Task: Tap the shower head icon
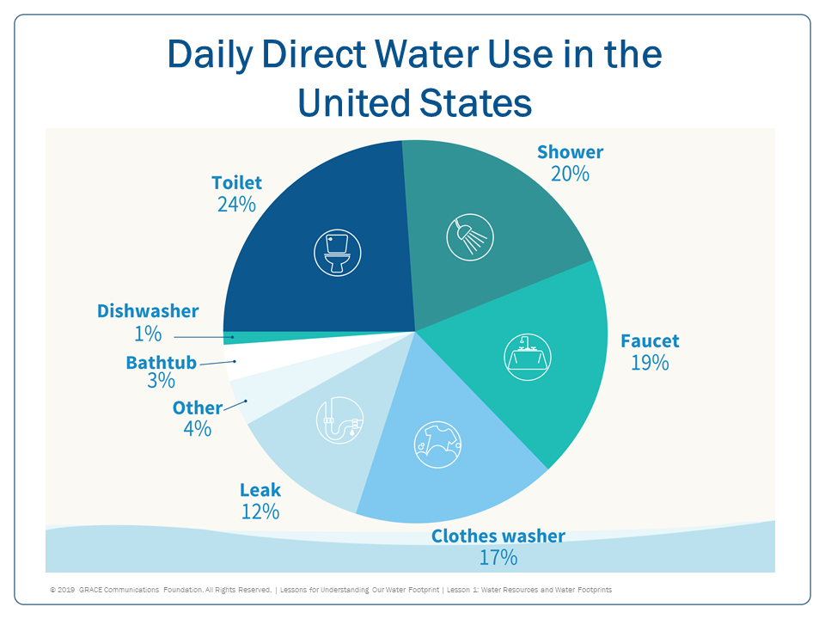click(x=468, y=236)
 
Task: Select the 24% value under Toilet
click(x=236, y=205)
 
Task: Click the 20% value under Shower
click(x=570, y=173)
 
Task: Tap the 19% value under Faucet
click(x=650, y=362)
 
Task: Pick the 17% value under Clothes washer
click(x=498, y=557)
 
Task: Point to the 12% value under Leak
click(x=260, y=511)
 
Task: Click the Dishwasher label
click(x=148, y=311)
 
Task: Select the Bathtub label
click(x=162, y=362)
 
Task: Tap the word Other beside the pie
click(x=197, y=408)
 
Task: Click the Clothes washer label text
click(x=498, y=536)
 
